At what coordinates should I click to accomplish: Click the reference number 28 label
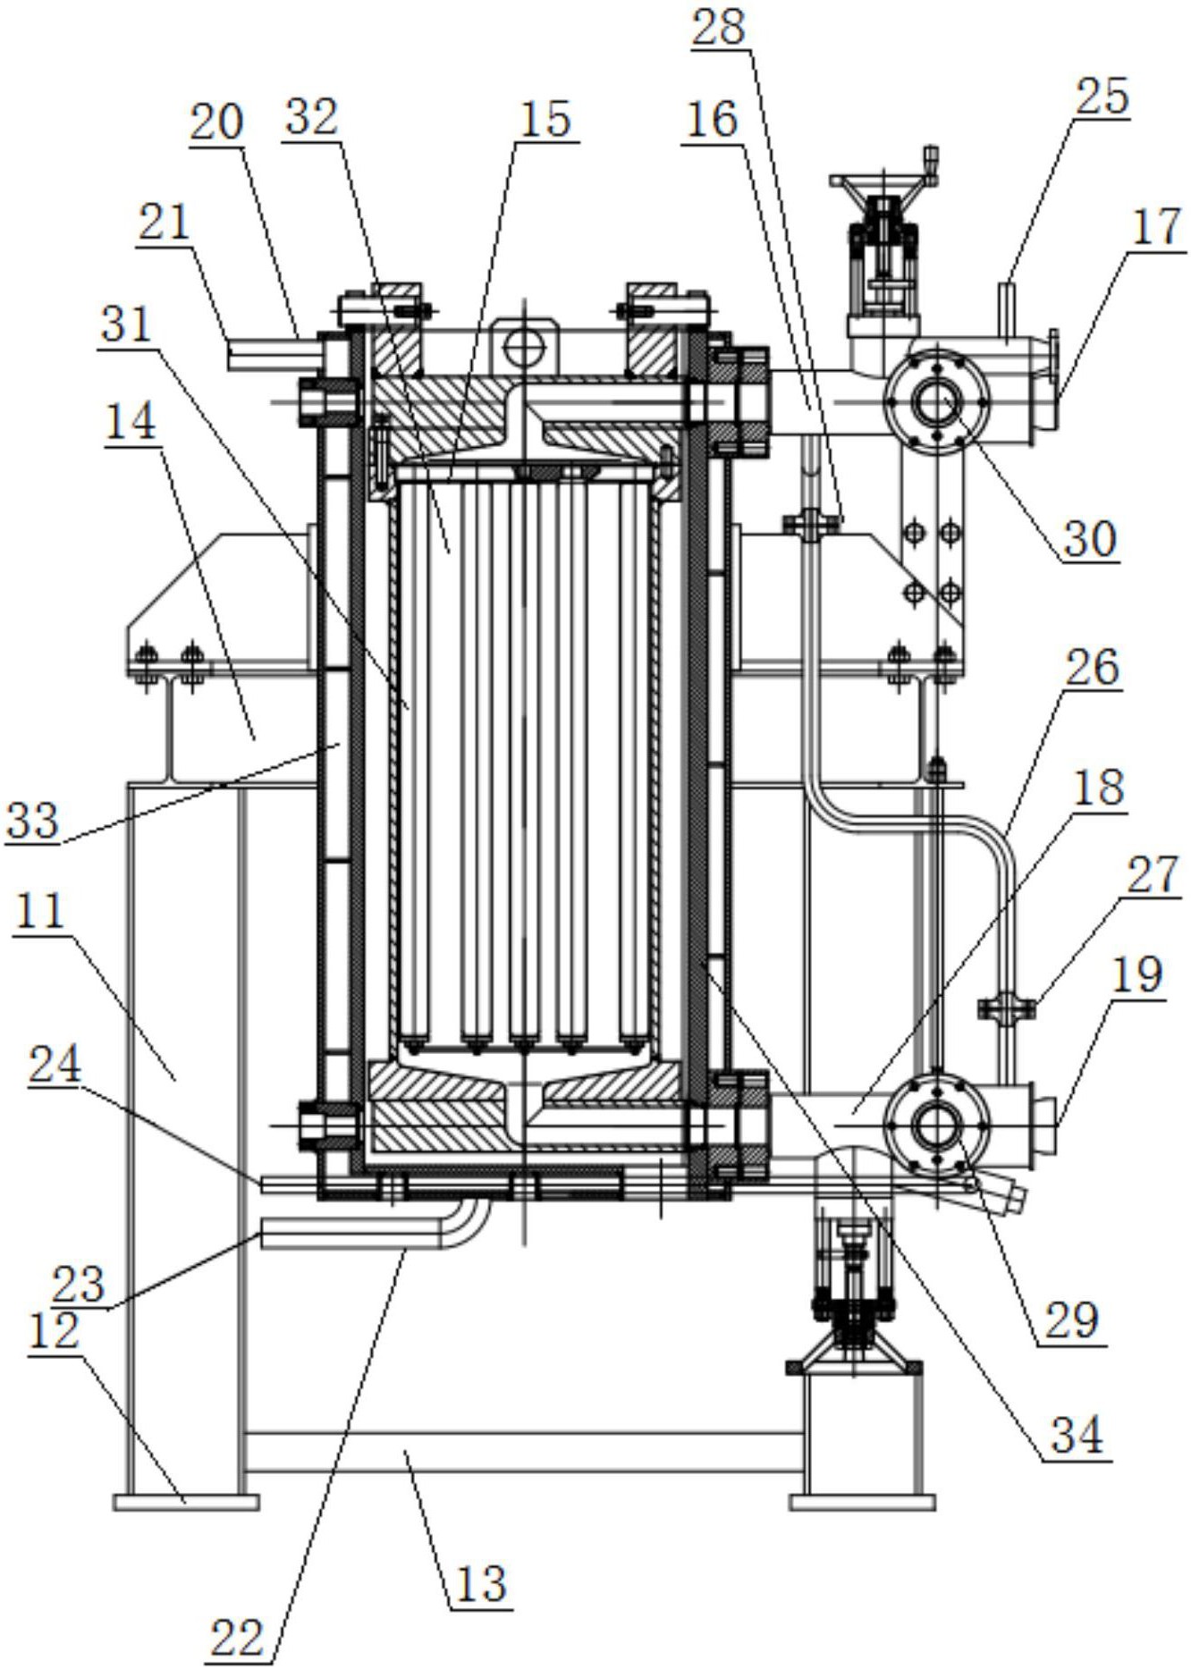(x=719, y=27)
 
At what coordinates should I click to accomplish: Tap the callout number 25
(x=1102, y=96)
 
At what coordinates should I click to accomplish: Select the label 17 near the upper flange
(x=1157, y=227)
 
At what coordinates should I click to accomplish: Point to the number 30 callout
(x=1090, y=538)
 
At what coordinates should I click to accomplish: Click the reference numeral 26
(x=1093, y=668)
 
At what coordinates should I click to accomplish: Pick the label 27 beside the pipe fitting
(x=1153, y=876)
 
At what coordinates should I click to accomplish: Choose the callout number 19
(x=1137, y=974)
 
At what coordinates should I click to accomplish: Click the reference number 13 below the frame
(x=481, y=1583)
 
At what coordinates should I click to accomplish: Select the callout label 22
(x=237, y=1639)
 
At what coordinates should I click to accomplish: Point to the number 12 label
(x=55, y=1331)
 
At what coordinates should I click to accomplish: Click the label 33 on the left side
(x=33, y=819)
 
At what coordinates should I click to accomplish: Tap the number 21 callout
(x=164, y=222)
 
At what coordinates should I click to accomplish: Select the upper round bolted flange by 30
(x=935, y=401)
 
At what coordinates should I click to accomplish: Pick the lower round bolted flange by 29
(x=935, y=1123)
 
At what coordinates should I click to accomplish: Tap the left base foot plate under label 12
(x=186, y=1501)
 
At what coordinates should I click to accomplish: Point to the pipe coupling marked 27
(x=1007, y=1008)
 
